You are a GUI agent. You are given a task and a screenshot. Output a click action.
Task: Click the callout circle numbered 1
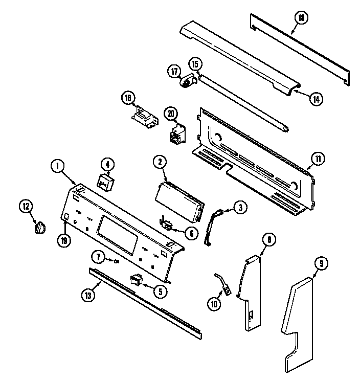point(58,166)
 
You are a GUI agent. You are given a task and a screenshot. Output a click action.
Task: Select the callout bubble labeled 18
point(301,18)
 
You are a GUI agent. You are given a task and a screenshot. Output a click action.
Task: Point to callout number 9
point(321,264)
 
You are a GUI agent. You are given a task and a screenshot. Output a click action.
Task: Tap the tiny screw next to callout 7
point(117,261)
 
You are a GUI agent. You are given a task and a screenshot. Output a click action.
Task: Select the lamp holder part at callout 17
point(190,81)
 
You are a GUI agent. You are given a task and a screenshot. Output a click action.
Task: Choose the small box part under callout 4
point(106,182)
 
